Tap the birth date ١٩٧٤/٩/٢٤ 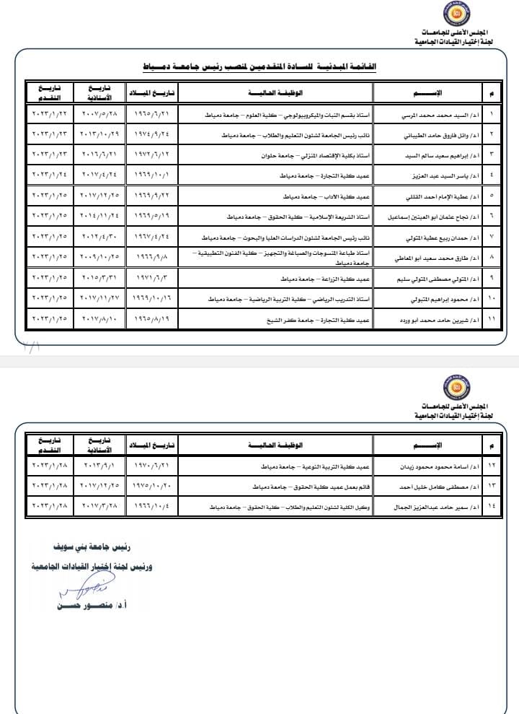[x=152, y=134]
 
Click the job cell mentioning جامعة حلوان [x=275, y=154]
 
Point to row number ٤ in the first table [x=491, y=175]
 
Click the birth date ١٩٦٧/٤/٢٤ [x=152, y=236]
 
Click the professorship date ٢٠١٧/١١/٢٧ [x=99, y=297]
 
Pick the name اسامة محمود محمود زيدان [x=428, y=467]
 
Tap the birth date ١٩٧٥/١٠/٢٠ [x=152, y=487]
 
